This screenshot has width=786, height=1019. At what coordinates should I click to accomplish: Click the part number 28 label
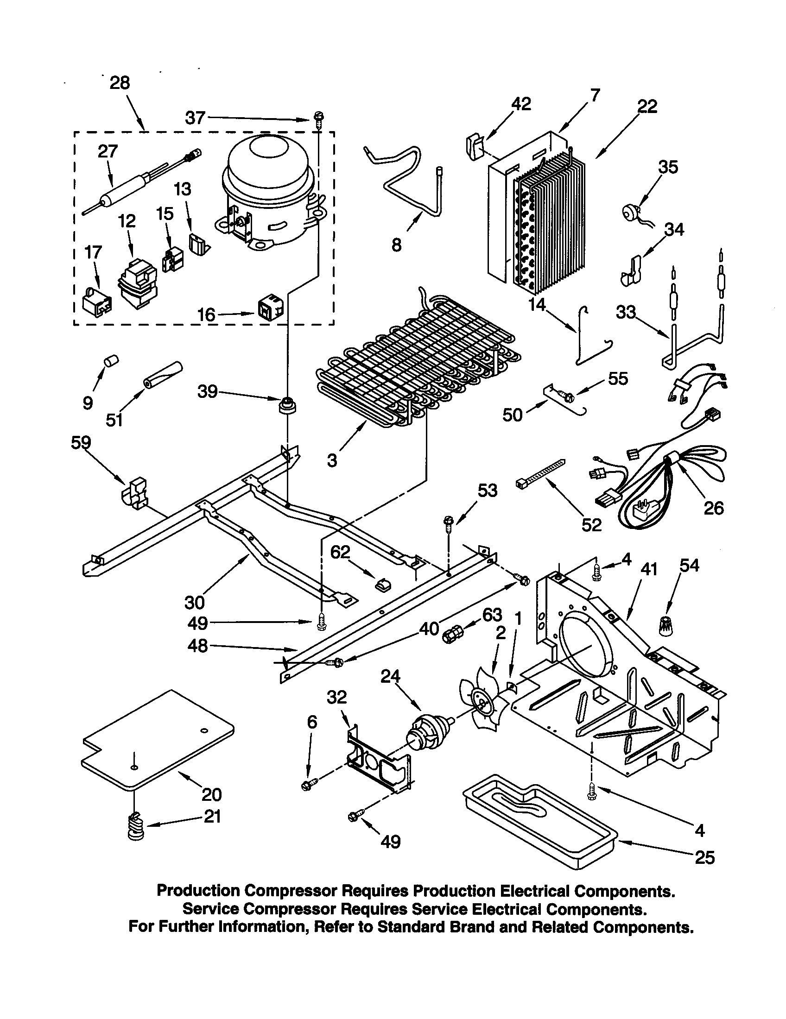click(x=120, y=83)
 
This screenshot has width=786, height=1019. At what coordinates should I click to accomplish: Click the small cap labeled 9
click(x=111, y=362)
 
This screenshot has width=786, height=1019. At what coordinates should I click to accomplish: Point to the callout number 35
click(x=668, y=167)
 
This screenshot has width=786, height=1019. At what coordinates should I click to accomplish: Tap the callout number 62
click(x=340, y=552)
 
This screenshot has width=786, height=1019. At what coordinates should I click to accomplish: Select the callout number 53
click(x=487, y=491)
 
